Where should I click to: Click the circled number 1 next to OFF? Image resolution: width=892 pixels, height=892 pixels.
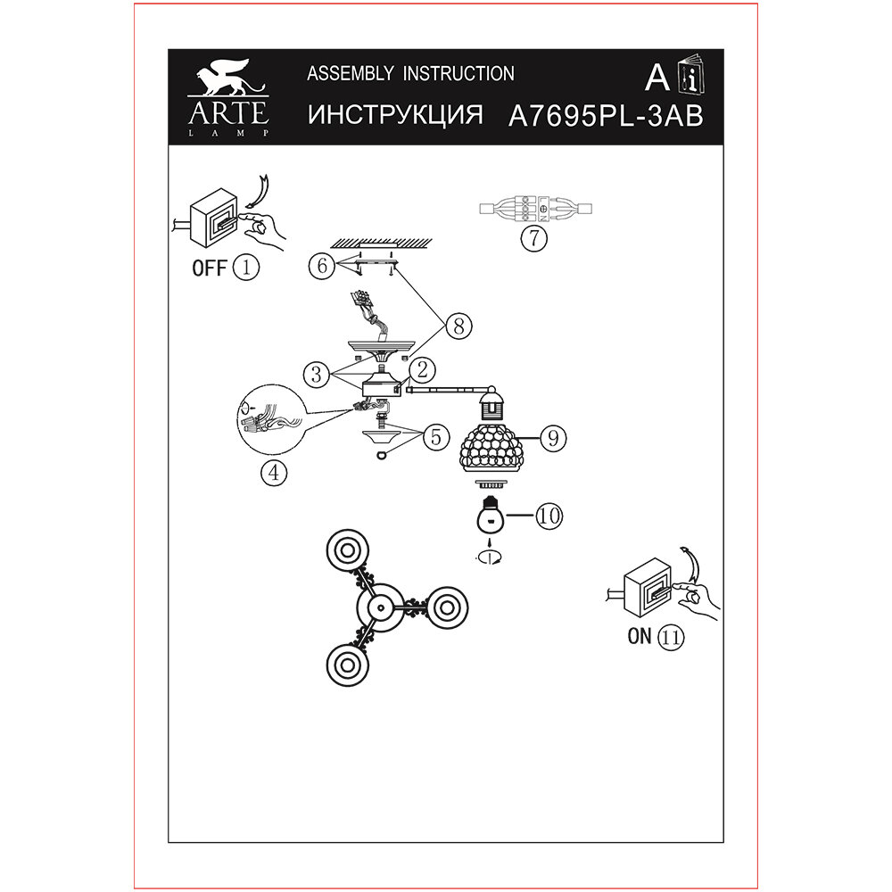click(x=245, y=267)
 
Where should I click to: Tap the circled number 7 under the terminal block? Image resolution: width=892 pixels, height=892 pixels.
click(x=533, y=238)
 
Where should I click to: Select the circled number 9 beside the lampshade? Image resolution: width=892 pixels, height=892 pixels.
click(x=553, y=437)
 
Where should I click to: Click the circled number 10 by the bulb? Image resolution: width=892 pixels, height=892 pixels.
click(x=549, y=515)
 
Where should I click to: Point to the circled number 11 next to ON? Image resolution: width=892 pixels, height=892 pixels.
click(x=671, y=637)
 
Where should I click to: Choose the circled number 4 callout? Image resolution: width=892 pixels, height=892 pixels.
click(x=274, y=474)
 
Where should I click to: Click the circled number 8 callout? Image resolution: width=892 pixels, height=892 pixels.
click(x=458, y=326)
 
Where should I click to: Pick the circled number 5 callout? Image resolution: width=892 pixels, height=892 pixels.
click(x=435, y=437)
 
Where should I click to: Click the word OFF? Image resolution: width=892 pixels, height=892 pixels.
click(x=210, y=268)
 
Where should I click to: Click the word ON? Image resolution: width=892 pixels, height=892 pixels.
click(x=640, y=637)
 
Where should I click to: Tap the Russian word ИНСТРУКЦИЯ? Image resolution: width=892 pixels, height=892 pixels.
click(x=394, y=116)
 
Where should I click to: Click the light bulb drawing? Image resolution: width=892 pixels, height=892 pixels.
click(x=488, y=515)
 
